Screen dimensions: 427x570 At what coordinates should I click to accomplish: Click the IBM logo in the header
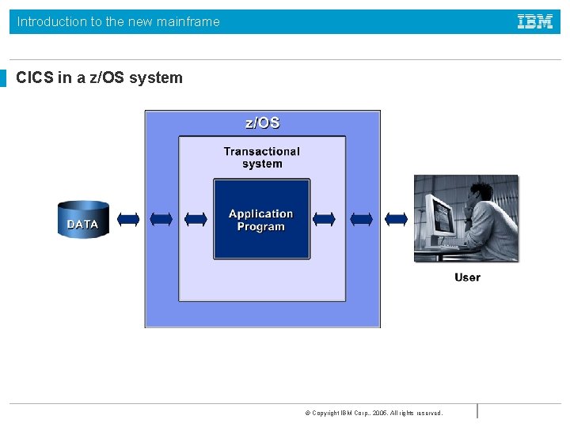click(x=535, y=22)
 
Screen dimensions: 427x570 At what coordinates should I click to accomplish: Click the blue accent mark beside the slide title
click(x=3, y=77)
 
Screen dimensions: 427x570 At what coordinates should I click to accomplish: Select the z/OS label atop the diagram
click(x=262, y=123)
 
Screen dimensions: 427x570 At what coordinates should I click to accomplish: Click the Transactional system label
click(x=262, y=157)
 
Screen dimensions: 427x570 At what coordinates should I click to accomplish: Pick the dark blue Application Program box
click(x=261, y=220)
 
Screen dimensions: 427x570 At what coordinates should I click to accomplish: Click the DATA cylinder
click(x=83, y=219)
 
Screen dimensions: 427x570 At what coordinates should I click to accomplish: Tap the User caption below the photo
click(x=467, y=278)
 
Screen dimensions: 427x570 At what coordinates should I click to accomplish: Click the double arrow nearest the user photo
click(x=396, y=219)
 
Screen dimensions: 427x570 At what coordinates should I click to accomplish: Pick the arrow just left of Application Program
click(x=196, y=219)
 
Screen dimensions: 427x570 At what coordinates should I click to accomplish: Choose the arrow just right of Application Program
click(x=325, y=219)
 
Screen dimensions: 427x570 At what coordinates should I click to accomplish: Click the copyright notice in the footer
click(x=374, y=413)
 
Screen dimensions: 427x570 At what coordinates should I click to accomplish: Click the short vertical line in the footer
click(x=477, y=410)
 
